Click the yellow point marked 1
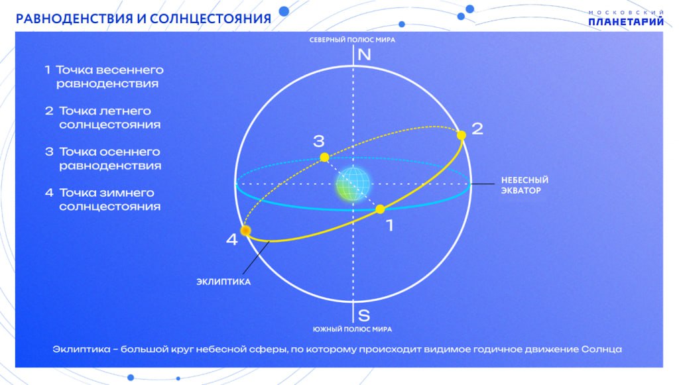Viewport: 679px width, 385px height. (x=380, y=209)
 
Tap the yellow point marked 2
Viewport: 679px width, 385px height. (x=462, y=135)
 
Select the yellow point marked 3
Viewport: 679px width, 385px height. (x=324, y=158)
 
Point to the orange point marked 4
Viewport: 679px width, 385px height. (x=245, y=231)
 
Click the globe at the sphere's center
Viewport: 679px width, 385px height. (x=353, y=184)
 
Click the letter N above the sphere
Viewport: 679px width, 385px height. (x=364, y=55)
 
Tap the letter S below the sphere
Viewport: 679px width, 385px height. (x=364, y=315)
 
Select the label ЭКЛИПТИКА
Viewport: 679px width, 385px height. (x=223, y=282)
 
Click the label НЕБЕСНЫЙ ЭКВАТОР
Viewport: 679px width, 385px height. (x=525, y=185)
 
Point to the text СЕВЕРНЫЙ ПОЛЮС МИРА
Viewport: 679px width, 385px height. (x=352, y=40)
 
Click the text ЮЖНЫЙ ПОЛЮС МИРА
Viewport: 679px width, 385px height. (x=352, y=329)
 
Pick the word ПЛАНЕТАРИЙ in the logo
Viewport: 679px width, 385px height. (x=626, y=21)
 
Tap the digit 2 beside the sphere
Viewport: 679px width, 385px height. (x=477, y=129)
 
